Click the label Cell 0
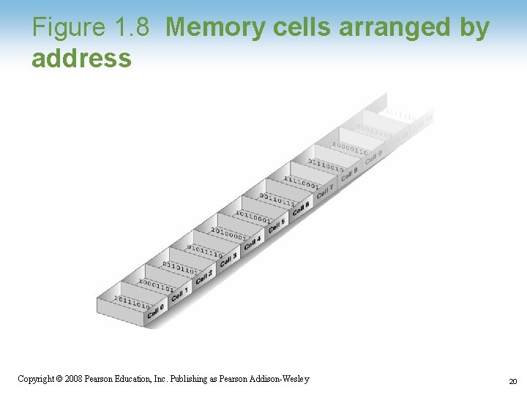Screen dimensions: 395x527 click(155, 312)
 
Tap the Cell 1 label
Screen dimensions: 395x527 click(179, 294)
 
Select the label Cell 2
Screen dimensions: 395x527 click(203, 276)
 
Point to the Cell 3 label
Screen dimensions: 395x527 click(228, 259)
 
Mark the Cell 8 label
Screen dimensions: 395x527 click(349, 174)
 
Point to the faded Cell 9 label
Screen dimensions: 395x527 click(373, 157)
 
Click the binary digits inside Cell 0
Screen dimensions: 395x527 click(132, 302)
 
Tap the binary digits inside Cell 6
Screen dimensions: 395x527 click(277, 200)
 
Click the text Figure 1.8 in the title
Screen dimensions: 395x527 click(91, 28)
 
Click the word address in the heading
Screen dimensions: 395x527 click(81, 58)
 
